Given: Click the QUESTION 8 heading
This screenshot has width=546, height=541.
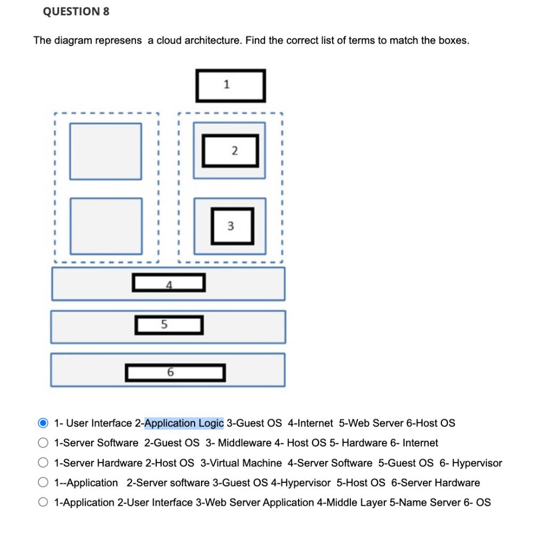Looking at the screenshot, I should pyautogui.click(x=76, y=12).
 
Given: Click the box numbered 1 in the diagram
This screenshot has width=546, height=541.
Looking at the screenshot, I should pyautogui.click(x=230, y=85).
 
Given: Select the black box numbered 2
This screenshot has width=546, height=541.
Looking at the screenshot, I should pyautogui.click(x=230, y=151).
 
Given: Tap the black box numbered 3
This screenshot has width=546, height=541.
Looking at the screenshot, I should pyautogui.click(x=230, y=226).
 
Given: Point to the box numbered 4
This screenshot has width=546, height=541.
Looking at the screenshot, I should pyautogui.click(x=169, y=282).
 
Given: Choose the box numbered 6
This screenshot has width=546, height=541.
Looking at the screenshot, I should pyautogui.click(x=175, y=373).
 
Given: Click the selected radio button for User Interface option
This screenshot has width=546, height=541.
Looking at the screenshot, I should pyautogui.click(x=43, y=423).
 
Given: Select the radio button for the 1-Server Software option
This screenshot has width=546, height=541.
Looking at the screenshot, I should pyautogui.click(x=43, y=443).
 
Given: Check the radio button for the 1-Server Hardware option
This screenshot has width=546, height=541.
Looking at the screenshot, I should pyautogui.click(x=43, y=463).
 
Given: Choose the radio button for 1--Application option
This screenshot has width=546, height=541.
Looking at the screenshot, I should pyautogui.click(x=43, y=483).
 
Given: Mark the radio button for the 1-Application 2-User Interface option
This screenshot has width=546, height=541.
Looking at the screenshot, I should pyautogui.click(x=43, y=503).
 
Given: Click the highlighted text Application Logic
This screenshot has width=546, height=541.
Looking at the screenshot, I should pyautogui.click(x=184, y=423).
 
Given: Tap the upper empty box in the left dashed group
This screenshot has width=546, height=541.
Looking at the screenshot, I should pyautogui.click(x=106, y=151).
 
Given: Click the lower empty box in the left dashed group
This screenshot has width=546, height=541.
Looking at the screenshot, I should pyautogui.click(x=106, y=226).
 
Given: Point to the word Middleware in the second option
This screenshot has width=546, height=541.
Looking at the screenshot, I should pyautogui.click(x=245, y=443).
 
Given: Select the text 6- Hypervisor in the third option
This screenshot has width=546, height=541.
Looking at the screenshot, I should pyautogui.click(x=471, y=463).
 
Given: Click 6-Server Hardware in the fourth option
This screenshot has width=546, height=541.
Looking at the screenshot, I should pyautogui.click(x=435, y=483).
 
